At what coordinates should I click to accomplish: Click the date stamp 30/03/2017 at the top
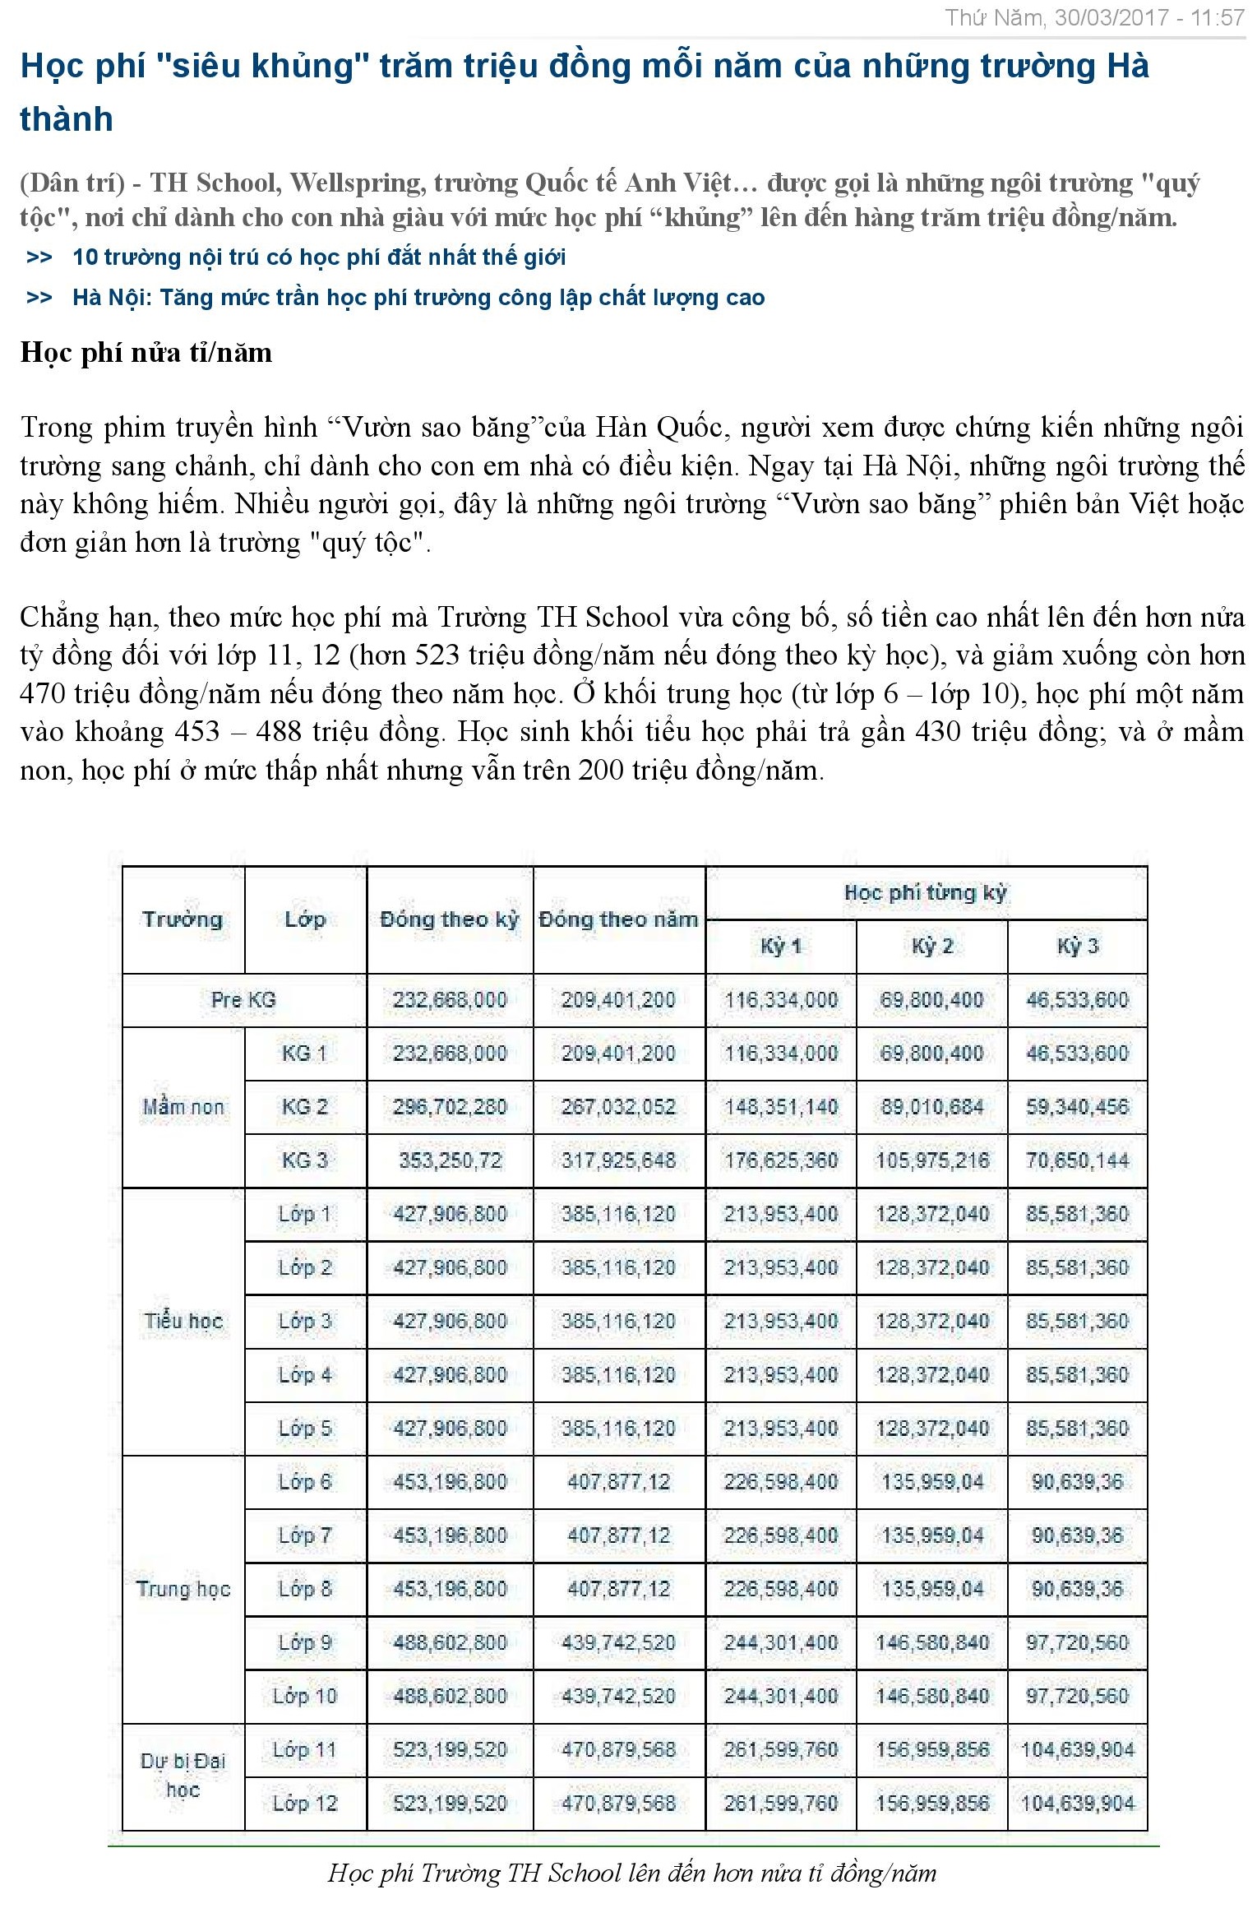[x=1111, y=17]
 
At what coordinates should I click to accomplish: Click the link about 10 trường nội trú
[x=318, y=257]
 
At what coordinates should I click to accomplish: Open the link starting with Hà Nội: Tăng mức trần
[x=418, y=298]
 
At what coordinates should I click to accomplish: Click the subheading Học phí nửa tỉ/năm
[x=146, y=353]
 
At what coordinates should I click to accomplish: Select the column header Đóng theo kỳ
[x=449, y=919]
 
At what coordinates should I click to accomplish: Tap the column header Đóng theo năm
[x=618, y=919]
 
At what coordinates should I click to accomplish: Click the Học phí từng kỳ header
[x=925, y=893]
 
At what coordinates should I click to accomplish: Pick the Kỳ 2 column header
[x=931, y=947]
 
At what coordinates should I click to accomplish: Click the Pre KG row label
[x=243, y=1000]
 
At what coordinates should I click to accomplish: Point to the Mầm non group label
[x=183, y=1107]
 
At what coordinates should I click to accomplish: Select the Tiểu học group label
[x=183, y=1322]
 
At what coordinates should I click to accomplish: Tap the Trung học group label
[x=183, y=1589]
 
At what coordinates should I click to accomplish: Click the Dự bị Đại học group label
[x=183, y=1776]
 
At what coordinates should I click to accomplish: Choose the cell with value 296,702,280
[x=449, y=1107]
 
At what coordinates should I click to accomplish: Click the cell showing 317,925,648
[x=618, y=1160]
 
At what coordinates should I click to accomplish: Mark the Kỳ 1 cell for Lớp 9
[x=780, y=1642]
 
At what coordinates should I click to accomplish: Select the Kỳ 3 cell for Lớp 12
[x=1077, y=1804]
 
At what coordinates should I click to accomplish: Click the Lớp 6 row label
[x=305, y=1482]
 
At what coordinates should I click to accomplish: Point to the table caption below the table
[x=631, y=1873]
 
